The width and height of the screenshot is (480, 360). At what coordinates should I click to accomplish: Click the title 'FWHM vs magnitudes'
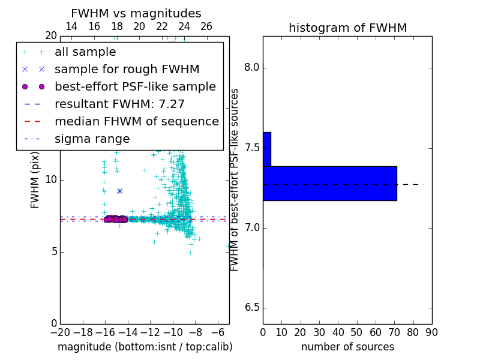pos(136,14)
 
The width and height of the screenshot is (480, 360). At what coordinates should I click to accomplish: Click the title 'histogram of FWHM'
pos(347,28)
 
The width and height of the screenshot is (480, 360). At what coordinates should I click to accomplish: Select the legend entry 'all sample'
pos(85,52)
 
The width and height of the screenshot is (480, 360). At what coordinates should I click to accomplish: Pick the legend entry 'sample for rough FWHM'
pos(127,69)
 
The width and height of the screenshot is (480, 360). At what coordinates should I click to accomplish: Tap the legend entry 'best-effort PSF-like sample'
pos(135,86)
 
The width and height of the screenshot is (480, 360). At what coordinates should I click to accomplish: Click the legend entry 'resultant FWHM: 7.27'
pos(119,104)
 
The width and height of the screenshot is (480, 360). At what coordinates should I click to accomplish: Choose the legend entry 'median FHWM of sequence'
pos(136,121)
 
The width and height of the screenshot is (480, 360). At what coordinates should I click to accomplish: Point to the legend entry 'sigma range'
pos(92,139)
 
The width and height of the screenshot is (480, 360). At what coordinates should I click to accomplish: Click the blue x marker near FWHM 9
pos(119,191)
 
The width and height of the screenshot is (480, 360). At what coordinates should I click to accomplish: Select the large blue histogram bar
pos(329,183)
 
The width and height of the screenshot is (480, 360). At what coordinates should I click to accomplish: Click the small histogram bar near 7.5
pos(266,149)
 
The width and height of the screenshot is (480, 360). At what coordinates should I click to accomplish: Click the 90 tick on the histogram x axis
pos(431,332)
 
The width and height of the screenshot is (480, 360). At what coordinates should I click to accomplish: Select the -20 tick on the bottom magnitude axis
pos(60,332)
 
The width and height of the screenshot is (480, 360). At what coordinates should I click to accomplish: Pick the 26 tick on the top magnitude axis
pos(206,26)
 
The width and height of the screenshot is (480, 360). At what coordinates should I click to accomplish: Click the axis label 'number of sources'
pos(347,347)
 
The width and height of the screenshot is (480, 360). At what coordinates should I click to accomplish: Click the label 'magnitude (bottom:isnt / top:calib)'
pos(145,347)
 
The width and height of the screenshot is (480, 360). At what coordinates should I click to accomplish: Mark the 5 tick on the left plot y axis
pos(52,251)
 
